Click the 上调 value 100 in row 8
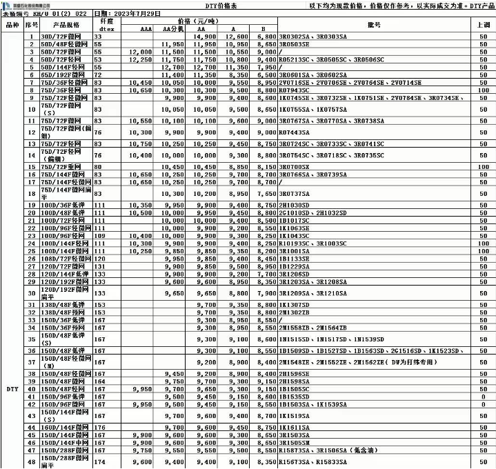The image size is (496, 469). click(x=484, y=90)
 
